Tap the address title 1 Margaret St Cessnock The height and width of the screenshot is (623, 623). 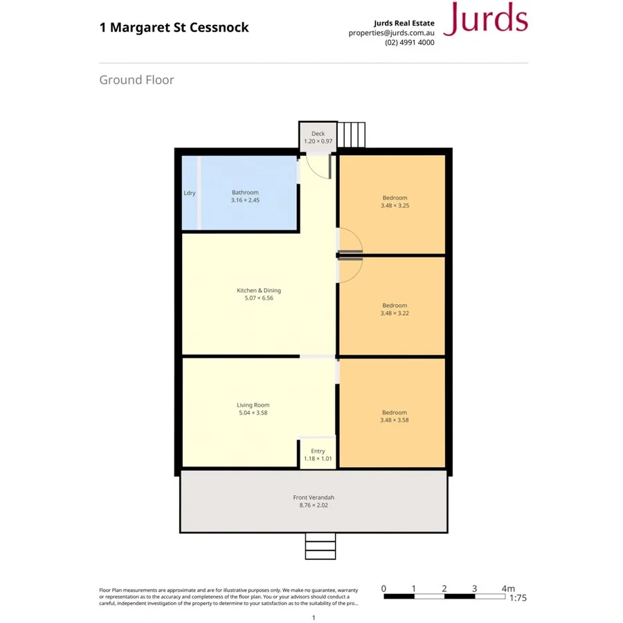(x=174, y=28)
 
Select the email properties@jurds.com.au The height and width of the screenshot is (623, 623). (x=391, y=33)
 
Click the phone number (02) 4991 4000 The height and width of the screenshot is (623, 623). (x=410, y=42)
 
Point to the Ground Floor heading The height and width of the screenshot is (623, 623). (x=136, y=80)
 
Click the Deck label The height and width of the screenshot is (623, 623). (x=318, y=134)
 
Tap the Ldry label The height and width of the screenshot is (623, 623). (x=190, y=193)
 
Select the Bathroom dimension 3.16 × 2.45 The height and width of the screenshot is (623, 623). (x=245, y=200)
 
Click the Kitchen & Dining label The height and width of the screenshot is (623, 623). (x=259, y=291)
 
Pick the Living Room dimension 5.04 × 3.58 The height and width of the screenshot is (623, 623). (x=253, y=413)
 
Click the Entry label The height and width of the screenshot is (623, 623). (x=318, y=451)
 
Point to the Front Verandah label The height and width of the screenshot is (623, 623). (x=314, y=497)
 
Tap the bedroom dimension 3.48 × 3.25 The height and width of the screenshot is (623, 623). (x=395, y=206)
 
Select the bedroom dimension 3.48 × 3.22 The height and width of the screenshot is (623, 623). (x=395, y=313)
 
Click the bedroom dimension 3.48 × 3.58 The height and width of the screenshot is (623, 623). (x=395, y=420)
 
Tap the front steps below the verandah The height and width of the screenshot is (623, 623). (x=320, y=546)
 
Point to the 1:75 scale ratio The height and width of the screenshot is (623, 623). (x=518, y=598)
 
